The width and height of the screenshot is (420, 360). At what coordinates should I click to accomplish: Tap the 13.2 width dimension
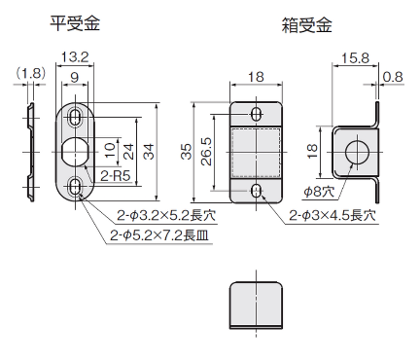(79, 57)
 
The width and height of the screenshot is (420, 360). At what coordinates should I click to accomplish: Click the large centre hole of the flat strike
(73, 151)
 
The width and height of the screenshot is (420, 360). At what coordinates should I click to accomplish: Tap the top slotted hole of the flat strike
(77, 115)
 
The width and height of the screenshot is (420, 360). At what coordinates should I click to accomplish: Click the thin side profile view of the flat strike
(30, 151)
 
